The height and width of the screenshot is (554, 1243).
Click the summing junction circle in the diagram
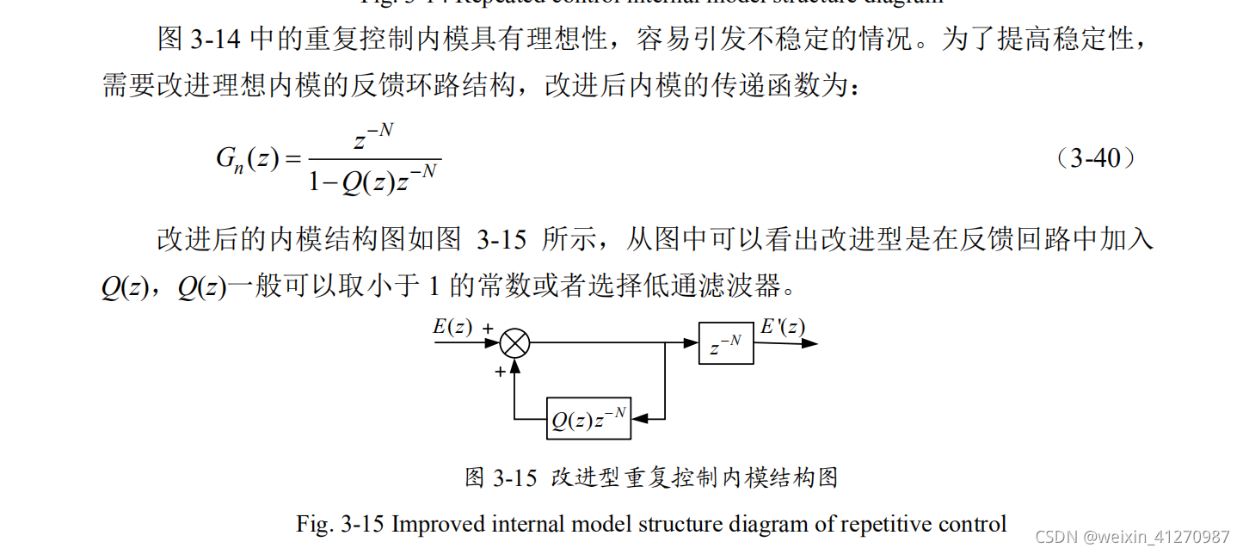[x=514, y=343]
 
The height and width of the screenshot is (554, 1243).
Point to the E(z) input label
[x=452, y=327]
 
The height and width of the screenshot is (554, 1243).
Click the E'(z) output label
[x=783, y=327]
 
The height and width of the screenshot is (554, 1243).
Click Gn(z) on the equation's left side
[x=247, y=159]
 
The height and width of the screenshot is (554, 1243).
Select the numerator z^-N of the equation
[x=373, y=138]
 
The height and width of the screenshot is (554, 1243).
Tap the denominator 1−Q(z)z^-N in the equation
[x=373, y=182]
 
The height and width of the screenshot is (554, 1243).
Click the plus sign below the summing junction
[x=500, y=372]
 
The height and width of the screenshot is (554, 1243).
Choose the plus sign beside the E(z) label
[x=488, y=329]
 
